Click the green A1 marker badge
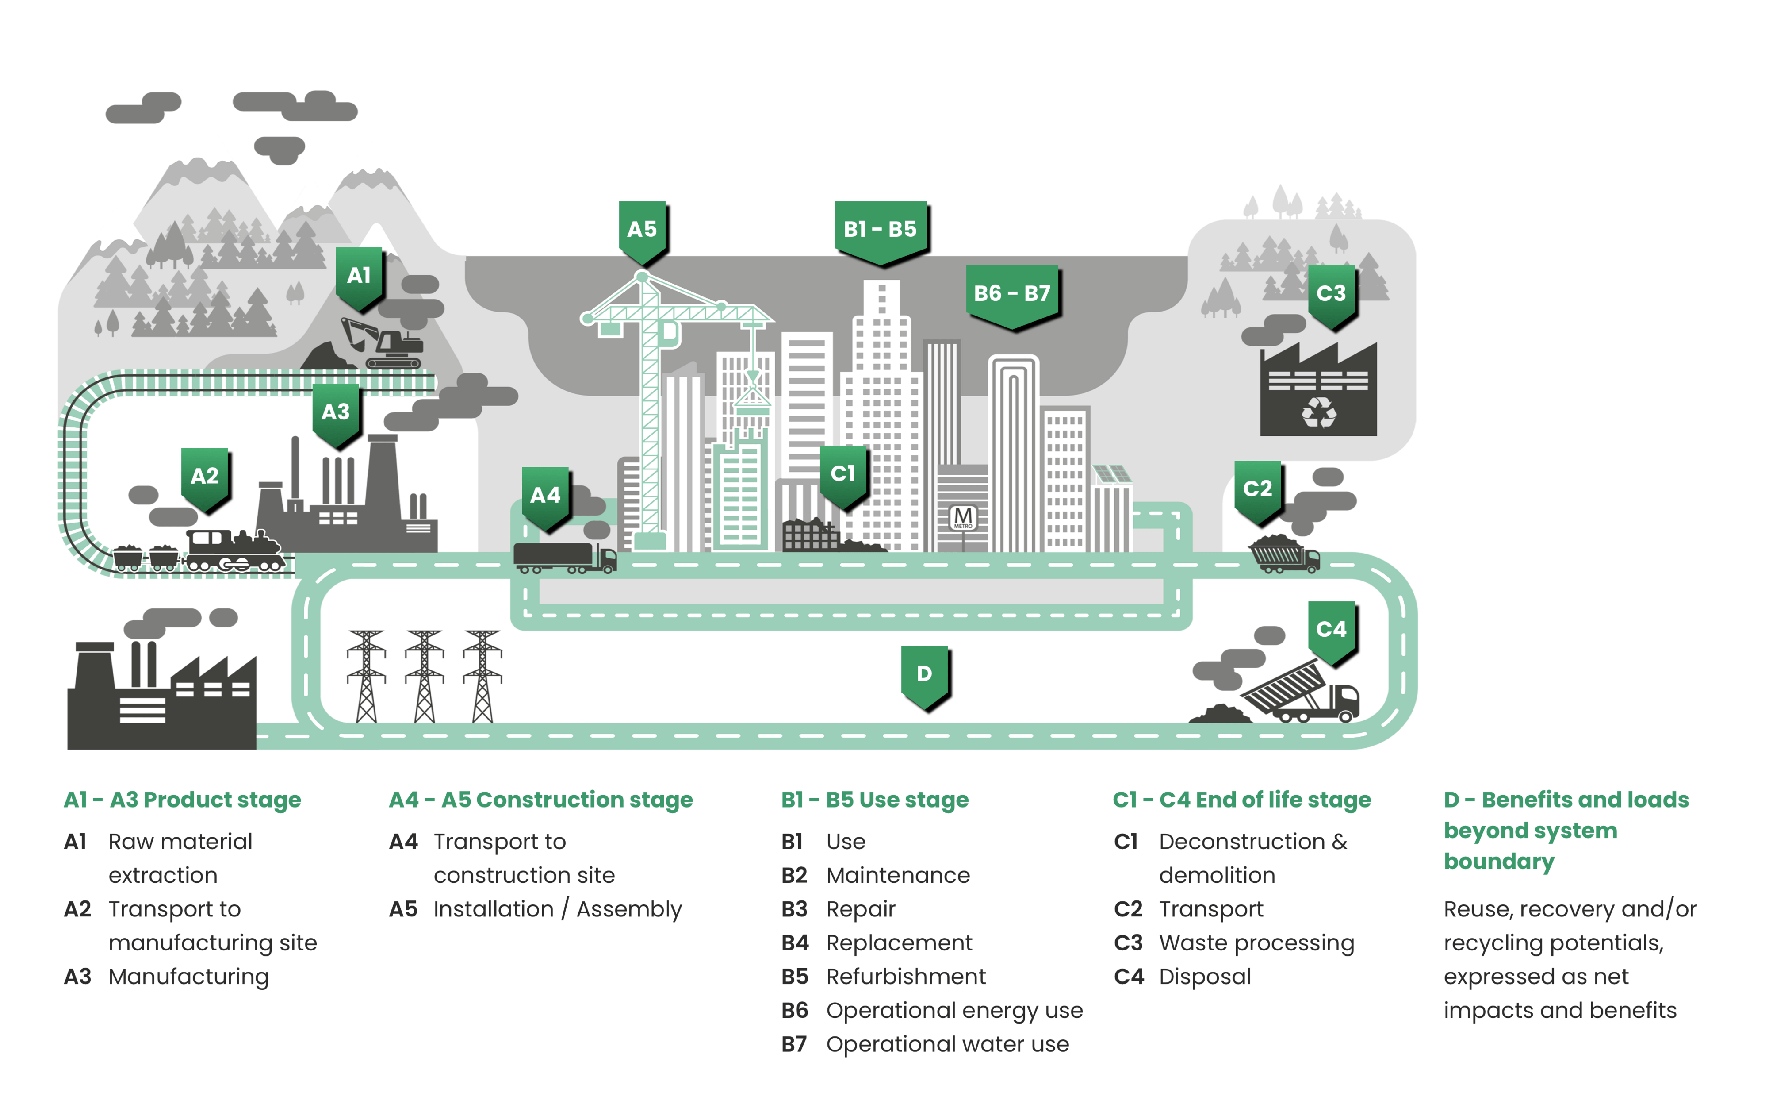click(x=359, y=277)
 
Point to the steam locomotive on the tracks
click(x=234, y=551)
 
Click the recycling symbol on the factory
click(x=1319, y=412)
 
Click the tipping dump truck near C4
click(x=1300, y=691)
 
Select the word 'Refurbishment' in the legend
click(x=905, y=977)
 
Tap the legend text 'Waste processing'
click(x=1256, y=943)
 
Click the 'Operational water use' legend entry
click(x=948, y=1044)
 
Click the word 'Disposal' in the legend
click(x=1205, y=977)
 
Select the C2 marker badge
click(x=1257, y=489)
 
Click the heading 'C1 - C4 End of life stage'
click(x=1241, y=800)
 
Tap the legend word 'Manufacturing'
click(x=189, y=977)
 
